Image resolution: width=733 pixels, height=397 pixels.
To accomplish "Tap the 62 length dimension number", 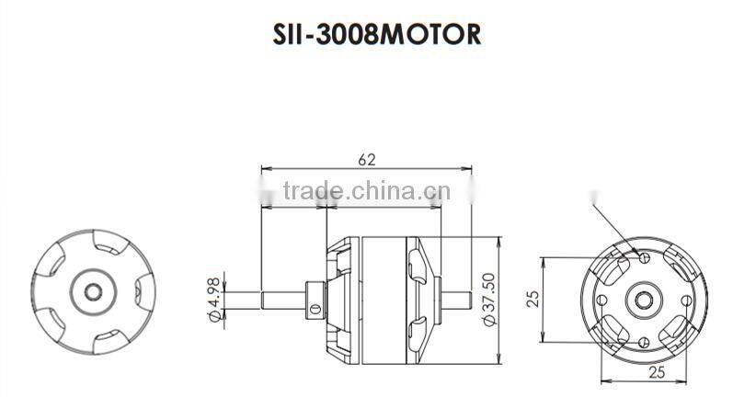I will (366, 160).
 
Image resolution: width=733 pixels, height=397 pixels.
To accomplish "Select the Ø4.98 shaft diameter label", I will (213, 301).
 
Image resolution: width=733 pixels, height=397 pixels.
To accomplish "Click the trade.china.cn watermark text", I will (366, 193).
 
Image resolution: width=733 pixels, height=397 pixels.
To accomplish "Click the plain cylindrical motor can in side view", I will (380, 299).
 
